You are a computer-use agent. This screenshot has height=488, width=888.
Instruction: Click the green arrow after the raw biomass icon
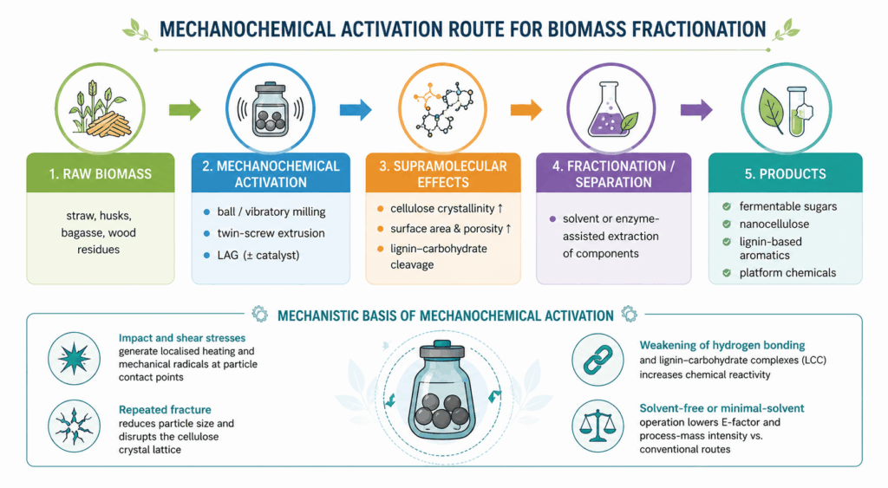185,109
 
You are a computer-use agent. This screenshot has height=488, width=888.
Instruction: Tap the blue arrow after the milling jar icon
356,109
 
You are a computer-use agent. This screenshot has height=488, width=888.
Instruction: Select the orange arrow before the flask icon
526,109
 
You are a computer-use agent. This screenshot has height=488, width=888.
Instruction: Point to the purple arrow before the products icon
696,109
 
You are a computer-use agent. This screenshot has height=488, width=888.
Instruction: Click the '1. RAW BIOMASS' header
101,174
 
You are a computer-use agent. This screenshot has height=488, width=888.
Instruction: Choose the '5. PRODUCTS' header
786,174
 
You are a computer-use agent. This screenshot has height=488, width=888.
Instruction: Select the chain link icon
598,360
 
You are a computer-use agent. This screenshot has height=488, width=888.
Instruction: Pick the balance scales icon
598,426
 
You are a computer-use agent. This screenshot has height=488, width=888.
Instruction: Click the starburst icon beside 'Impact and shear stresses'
75,359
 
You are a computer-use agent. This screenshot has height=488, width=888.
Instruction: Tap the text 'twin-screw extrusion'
271,233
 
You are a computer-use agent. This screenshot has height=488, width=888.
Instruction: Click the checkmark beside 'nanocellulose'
727,224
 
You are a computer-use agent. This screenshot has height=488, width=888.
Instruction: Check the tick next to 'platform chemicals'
727,273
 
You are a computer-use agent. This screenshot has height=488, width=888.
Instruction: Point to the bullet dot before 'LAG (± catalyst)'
206,256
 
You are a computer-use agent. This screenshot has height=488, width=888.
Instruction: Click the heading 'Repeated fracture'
165,409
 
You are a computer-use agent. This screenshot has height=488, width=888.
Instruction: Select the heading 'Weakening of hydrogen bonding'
722,345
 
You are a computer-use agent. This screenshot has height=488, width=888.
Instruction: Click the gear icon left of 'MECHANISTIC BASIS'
260,314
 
